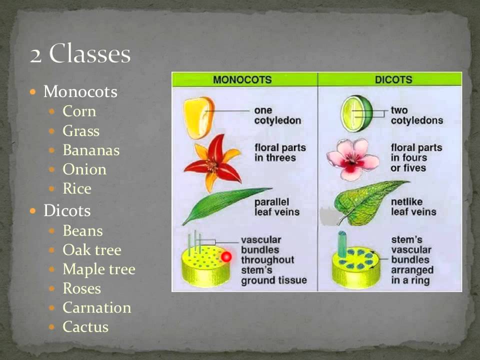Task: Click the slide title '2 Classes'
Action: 80,54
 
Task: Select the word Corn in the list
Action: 79,111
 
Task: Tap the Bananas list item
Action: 91,150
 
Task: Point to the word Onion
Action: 84,169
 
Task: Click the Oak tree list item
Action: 92,250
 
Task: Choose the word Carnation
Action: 97,307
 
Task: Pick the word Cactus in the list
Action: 85,327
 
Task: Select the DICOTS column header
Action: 393,79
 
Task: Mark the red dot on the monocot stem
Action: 226,257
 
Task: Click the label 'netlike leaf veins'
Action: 413,206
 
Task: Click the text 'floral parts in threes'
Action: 279,152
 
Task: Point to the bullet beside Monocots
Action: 33,92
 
